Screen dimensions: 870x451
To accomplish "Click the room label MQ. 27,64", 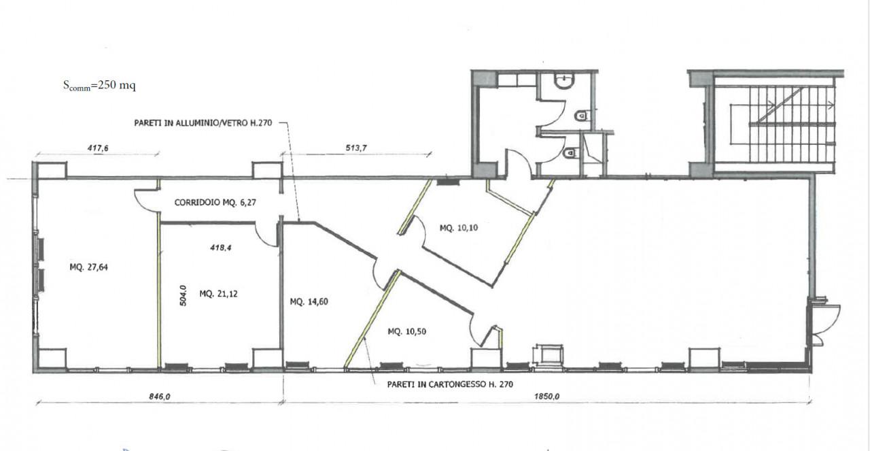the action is click(88, 267).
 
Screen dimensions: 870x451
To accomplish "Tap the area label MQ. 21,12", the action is click(218, 294).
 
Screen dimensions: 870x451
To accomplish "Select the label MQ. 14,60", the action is click(309, 302).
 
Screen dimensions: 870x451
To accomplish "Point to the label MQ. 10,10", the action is click(459, 228).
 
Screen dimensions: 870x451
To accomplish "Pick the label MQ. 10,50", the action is click(406, 332).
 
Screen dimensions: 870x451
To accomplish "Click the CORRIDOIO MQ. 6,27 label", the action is click(215, 203).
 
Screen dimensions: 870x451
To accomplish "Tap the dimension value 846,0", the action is click(160, 397).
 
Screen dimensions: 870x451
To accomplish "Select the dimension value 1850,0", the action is click(546, 397).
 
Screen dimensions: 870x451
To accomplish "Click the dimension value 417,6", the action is click(98, 148).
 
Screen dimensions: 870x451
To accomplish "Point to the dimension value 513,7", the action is click(356, 148).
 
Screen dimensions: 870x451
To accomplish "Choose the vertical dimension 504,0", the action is click(183, 295).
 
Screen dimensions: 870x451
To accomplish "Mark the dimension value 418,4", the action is click(221, 248).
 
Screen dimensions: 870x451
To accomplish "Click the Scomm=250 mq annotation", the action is click(99, 85).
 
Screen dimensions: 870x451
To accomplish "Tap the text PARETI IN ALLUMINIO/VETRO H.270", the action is click(203, 123).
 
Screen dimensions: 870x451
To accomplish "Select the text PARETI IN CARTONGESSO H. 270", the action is click(450, 384).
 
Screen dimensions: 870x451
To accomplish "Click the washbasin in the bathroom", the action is click(564, 81).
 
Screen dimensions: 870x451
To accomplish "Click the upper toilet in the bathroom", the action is click(581, 116).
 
